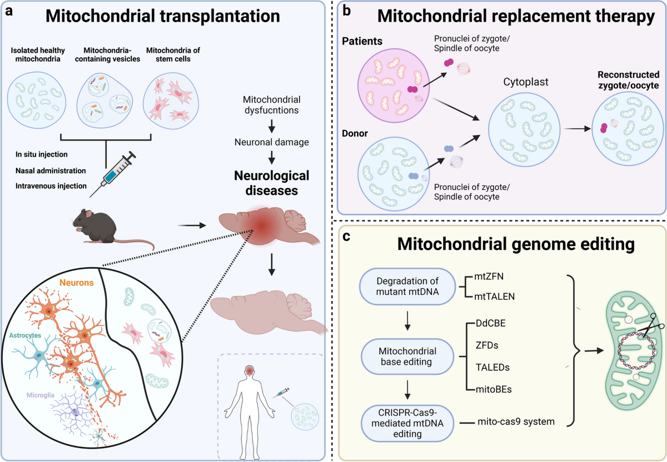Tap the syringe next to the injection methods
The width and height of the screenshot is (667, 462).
(x=113, y=174)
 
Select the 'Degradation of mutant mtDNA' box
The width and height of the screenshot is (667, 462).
(x=407, y=286)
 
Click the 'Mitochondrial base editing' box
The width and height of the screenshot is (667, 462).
(x=407, y=356)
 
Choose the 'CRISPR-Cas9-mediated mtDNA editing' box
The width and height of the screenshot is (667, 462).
(x=407, y=423)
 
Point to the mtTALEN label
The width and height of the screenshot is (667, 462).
(x=494, y=297)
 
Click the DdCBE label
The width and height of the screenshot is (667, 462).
(x=490, y=323)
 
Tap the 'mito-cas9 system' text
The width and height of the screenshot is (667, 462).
(x=516, y=421)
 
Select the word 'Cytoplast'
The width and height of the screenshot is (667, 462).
(x=526, y=82)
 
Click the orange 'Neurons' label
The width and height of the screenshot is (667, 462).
(x=77, y=283)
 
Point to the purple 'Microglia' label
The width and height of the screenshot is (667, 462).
(x=41, y=395)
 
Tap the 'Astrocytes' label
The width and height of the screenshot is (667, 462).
(x=25, y=335)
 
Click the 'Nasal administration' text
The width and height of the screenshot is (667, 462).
(x=51, y=171)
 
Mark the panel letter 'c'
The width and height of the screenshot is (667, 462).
(x=346, y=237)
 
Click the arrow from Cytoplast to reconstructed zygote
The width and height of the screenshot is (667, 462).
(x=577, y=129)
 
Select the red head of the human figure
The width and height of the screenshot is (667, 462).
(x=250, y=371)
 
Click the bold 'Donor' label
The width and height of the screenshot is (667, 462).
(x=355, y=133)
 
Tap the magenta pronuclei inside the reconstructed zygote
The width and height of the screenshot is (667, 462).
(x=604, y=128)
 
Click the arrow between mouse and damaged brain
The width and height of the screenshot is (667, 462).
(x=192, y=225)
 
